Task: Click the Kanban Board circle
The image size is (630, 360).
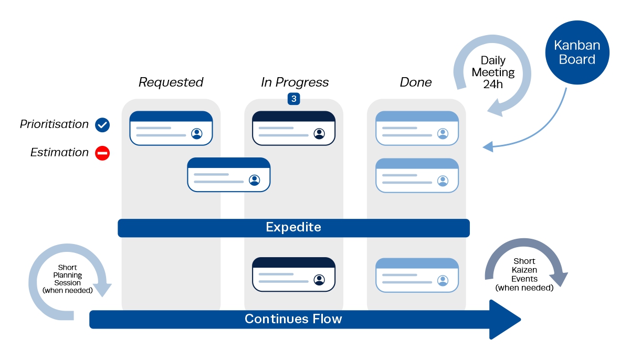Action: coord(577,52)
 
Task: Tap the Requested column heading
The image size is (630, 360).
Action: coord(171,82)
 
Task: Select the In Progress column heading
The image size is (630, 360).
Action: coord(295,82)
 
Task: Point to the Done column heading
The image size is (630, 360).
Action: coord(416,82)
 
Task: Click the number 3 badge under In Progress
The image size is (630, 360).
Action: coord(294,99)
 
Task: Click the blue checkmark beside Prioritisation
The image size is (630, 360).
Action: coord(102,125)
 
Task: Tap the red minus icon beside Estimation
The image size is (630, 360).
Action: coord(102,153)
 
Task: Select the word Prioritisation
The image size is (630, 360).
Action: coord(54,124)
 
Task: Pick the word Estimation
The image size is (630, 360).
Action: coord(59,153)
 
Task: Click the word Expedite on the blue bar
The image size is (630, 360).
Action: coord(293,228)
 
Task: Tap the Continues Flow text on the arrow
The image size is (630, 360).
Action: coord(293,319)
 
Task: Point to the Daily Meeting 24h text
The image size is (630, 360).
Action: coord(493,72)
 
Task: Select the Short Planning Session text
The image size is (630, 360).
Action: coord(68,279)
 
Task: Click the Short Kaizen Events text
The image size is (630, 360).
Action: coord(524,274)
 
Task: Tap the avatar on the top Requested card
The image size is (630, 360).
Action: coord(197,133)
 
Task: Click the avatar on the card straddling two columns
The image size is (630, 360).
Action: coord(255,180)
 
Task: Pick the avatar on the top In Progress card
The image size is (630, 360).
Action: coord(319,133)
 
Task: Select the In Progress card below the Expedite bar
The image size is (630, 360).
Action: coord(293,274)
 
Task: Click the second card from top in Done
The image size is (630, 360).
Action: coord(417,175)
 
